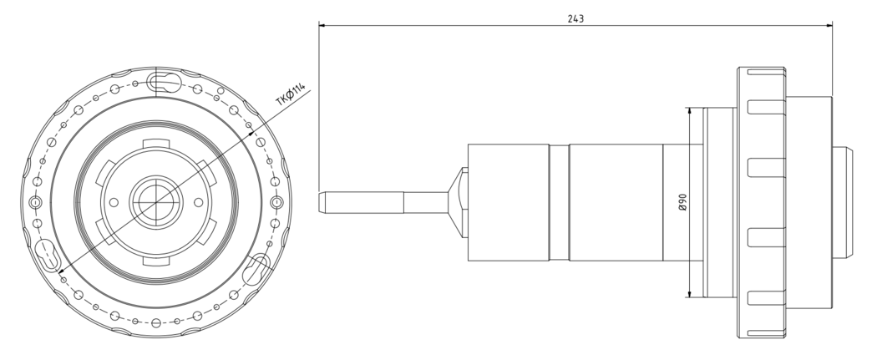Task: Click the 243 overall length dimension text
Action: click(x=575, y=18)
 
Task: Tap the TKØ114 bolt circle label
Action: click(x=291, y=94)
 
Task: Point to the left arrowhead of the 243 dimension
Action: click(x=322, y=25)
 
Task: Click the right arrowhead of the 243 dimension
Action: click(x=829, y=25)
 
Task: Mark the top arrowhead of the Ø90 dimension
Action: click(x=690, y=111)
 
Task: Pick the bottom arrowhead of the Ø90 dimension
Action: click(x=690, y=293)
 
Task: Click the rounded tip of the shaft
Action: click(x=322, y=202)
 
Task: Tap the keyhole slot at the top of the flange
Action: click(x=164, y=83)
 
